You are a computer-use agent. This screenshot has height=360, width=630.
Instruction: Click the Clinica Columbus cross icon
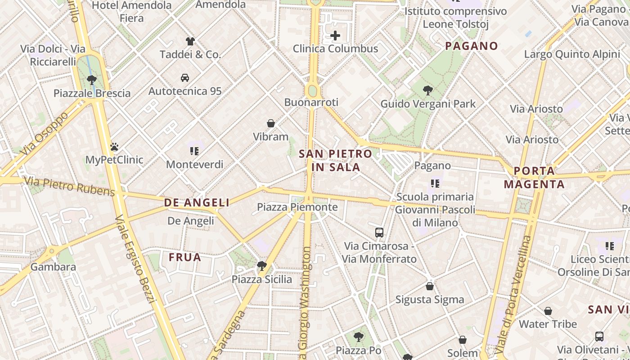[x=335, y=36]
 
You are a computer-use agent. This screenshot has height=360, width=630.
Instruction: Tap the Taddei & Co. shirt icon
[x=190, y=41]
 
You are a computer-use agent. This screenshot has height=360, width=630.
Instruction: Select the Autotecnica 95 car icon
[x=185, y=78]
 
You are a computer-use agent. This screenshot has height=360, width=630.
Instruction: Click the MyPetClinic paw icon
[x=114, y=147]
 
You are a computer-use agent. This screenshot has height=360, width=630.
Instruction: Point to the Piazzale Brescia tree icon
[x=92, y=80]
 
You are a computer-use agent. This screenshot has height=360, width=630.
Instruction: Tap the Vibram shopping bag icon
[x=271, y=123]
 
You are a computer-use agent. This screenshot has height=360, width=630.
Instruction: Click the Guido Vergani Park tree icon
[x=428, y=90]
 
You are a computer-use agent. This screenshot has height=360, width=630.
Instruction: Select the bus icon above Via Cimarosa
[x=379, y=233]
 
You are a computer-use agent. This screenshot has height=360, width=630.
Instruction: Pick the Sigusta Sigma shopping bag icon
[x=430, y=286]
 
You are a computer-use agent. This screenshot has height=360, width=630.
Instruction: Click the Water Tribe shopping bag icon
[x=548, y=311]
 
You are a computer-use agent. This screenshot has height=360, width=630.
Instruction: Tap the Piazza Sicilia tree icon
[x=261, y=266]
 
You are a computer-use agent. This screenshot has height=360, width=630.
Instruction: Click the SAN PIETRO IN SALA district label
[x=336, y=161]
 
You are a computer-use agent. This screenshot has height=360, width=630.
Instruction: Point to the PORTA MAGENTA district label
[x=534, y=178]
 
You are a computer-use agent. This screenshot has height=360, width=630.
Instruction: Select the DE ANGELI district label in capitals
[x=197, y=203]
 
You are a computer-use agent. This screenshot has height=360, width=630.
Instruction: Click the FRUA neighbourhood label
[x=185, y=257]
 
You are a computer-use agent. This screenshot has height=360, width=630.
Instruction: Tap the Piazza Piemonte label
[x=297, y=207]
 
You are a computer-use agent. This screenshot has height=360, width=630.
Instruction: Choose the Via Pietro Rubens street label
[x=70, y=186]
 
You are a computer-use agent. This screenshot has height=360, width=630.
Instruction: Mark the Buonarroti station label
[x=311, y=103]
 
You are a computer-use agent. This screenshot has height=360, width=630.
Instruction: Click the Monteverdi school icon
[x=194, y=151]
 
